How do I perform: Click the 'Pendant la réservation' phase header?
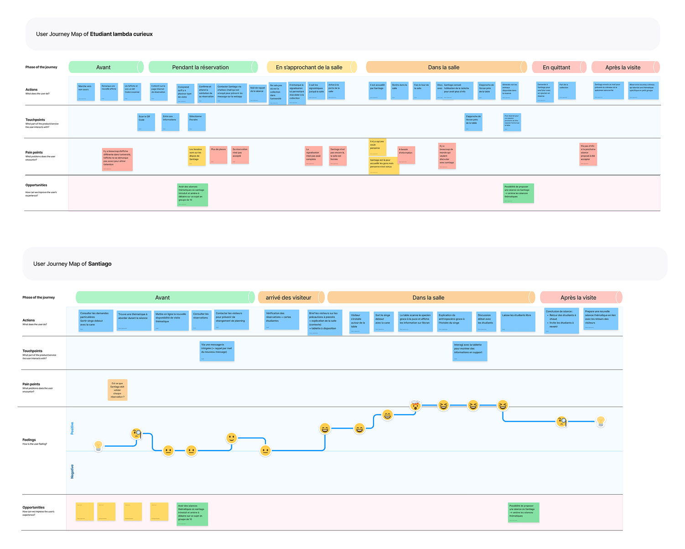pyautogui.click(x=200, y=67)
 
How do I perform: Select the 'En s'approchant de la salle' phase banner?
pyautogui.click(x=309, y=67)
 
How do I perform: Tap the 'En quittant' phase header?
pyautogui.click(x=556, y=67)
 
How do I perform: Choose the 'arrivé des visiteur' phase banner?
pyautogui.click(x=288, y=298)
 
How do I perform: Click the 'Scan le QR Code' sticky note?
pyautogui.click(x=146, y=122)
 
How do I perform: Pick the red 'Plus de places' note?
pyautogui.click(x=218, y=155)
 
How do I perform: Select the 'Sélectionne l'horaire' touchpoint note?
pyautogui.click(x=197, y=122)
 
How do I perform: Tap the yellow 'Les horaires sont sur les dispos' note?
pyautogui.click(x=197, y=156)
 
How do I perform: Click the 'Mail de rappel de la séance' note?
pyautogui.click(x=258, y=93)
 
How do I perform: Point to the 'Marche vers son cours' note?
pyautogui.click(x=86, y=92)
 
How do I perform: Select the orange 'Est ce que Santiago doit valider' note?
pyautogui.click(x=117, y=390)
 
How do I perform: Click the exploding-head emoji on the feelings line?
pyautogui.click(x=415, y=405)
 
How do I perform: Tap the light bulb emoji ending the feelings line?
pyautogui.click(x=601, y=421)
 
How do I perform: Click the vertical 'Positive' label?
pyautogui.click(x=72, y=428)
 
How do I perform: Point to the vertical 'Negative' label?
pyautogui.click(x=72, y=471)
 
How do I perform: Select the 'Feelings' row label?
pyautogui.click(x=29, y=440)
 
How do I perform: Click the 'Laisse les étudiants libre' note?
pyautogui.click(x=518, y=321)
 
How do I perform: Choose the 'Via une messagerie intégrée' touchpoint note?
pyautogui.click(x=217, y=351)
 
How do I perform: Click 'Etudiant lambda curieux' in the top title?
pyautogui.click(x=121, y=34)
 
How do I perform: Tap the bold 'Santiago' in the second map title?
pyautogui.click(x=99, y=264)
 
